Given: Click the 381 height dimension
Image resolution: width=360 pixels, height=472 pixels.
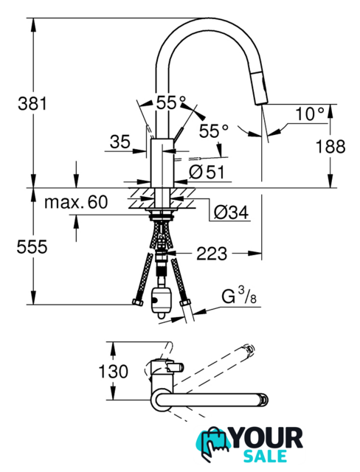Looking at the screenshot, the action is pyautogui.click(x=32, y=104).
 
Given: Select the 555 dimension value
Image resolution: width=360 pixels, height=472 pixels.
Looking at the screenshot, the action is pyautogui.click(x=32, y=247).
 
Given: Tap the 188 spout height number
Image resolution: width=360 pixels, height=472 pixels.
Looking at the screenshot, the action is pyautogui.click(x=330, y=147).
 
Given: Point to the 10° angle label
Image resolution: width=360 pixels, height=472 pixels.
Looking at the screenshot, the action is pyautogui.click(x=310, y=114).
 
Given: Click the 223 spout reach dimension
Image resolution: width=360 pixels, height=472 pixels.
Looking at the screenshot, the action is pyautogui.click(x=212, y=254).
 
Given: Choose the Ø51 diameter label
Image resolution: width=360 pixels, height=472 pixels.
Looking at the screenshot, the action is pyautogui.click(x=207, y=172).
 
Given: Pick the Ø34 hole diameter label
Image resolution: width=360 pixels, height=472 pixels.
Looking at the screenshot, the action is pyautogui.click(x=231, y=212).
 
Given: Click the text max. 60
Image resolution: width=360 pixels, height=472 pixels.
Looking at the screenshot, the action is pyautogui.click(x=76, y=202).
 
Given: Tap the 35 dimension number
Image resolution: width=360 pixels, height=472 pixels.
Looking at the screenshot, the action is pyautogui.click(x=120, y=142).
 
